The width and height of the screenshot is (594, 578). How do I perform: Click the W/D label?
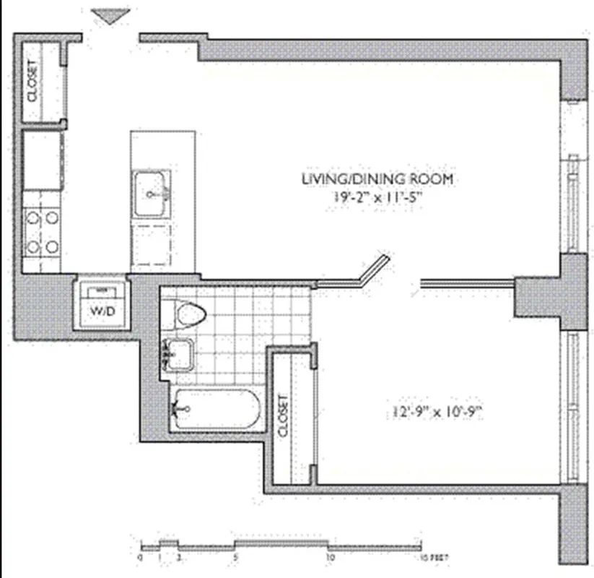tap(102, 311)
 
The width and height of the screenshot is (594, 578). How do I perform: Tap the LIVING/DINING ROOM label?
tap(377, 178)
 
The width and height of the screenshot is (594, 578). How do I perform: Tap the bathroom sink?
tap(178, 353)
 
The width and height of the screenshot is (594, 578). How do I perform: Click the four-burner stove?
tap(42, 231)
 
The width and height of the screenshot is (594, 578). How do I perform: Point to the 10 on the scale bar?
tap(330, 558)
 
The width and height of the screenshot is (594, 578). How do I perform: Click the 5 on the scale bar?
tap(235, 558)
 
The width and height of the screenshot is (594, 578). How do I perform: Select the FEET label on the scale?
tap(432, 558)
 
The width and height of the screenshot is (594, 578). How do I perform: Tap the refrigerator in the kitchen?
tap(41, 160)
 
